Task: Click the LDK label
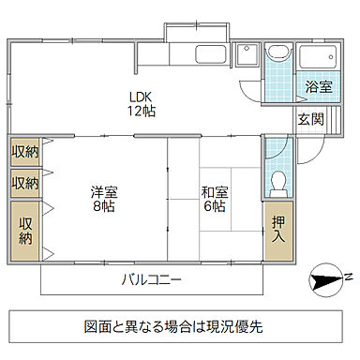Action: pos(141,95)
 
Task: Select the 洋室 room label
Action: pos(104,193)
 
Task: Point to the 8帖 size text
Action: pos(104,207)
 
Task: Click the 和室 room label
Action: pos(215,193)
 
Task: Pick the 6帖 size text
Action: pos(215,207)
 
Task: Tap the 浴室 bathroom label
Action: pos(319,87)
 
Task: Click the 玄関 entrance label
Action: pos(311,119)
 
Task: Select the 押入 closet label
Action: pos(277,230)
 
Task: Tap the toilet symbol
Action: pos(277,177)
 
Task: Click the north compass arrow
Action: pos(323,278)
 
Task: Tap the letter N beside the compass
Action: pos(346,277)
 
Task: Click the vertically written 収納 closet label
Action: pos(25,231)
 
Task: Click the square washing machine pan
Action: pos(247,56)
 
